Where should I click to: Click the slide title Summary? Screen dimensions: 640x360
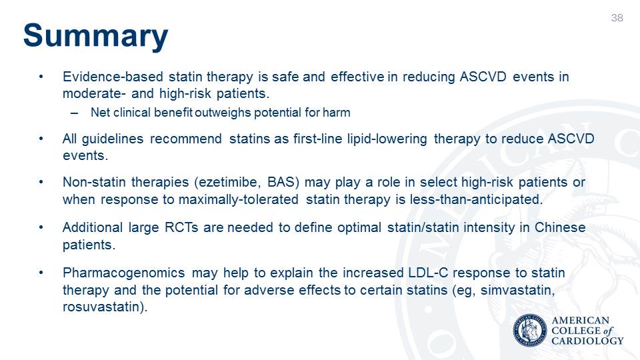[95, 36]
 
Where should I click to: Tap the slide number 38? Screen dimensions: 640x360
[617, 18]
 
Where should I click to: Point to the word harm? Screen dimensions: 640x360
[336, 112]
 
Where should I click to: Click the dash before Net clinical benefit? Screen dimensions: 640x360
[74, 113]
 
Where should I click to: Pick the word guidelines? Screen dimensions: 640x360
[113, 139]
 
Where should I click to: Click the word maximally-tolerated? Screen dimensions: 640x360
[239, 199]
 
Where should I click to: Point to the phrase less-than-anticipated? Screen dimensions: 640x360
[476, 199]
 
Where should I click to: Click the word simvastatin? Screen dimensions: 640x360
[517, 290]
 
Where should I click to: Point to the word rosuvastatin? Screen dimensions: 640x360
[101, 307]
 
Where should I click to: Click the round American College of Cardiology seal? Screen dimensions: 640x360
[530, 331]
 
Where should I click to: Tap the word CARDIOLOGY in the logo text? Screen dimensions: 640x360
[587, 341]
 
